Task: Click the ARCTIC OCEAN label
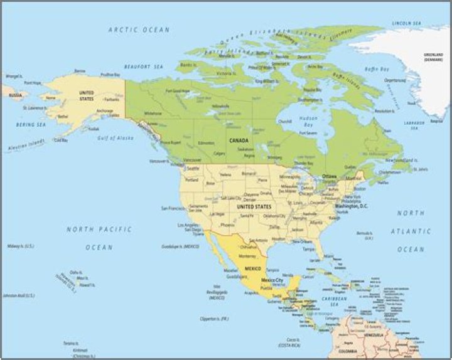139,29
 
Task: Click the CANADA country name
239,140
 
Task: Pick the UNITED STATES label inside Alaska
87,96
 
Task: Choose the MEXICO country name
253,268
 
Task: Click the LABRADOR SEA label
414,125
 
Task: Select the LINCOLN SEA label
405,23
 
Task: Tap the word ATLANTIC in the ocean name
411,231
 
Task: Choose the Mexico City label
272,280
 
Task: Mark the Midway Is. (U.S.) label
21,246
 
